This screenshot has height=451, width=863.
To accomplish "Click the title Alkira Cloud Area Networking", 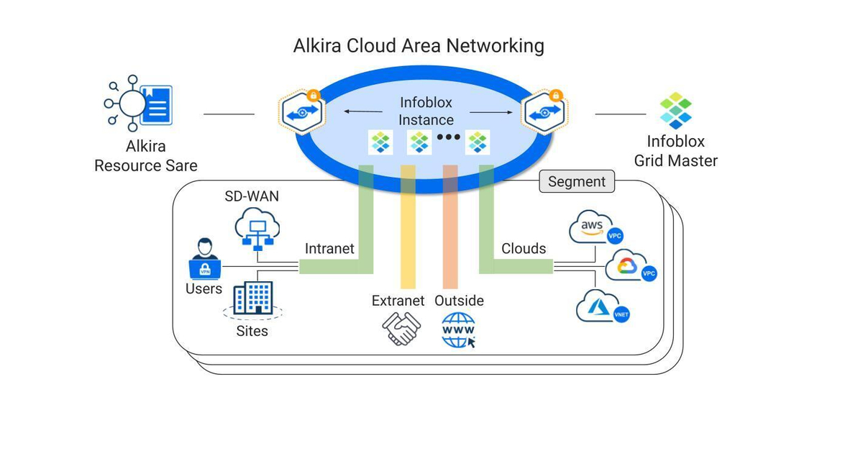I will [419, 46].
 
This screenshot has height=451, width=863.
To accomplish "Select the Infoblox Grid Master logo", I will [675, 110].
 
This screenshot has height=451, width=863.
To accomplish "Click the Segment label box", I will [577, 181].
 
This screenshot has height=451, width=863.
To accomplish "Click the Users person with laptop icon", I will [204, 260].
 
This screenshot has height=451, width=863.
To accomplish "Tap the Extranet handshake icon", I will [401, 329].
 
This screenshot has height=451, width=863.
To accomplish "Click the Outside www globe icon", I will [459, 330].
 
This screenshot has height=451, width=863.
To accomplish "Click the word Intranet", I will [329, 249].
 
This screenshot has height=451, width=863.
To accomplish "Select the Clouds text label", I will [524, 249].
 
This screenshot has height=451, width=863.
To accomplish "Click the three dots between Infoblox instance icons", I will [448, 137].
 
